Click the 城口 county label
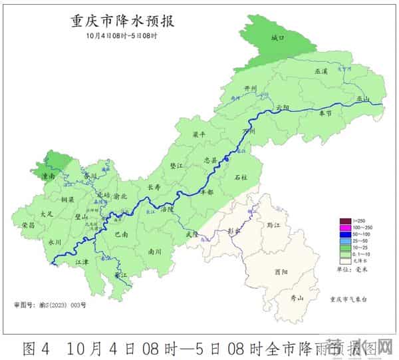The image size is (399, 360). tap(278, 39)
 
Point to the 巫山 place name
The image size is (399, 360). tap(362, 99)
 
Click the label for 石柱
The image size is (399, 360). tap(241, 178)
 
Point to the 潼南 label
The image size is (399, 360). tap(48, 176)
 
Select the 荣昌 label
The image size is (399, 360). tap(28, 225)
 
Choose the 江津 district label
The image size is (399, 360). tap(82, 263)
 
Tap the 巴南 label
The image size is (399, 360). tap(122, 234)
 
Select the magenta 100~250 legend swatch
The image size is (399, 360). tap(345, 228)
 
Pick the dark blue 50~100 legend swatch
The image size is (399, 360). tap(345, 234)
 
